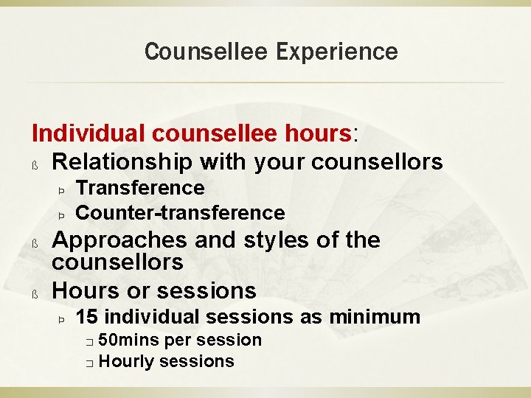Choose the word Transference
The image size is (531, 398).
[x=140, y=189]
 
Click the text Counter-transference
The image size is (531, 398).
[x=180, y=213]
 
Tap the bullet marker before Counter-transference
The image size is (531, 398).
[x=62, y=215]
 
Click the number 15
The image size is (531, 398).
[x=88, y=318]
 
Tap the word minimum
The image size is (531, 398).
[x=375, y=318]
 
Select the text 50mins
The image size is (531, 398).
[x=129, y=340]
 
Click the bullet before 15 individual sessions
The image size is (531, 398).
[x=62, y=320]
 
